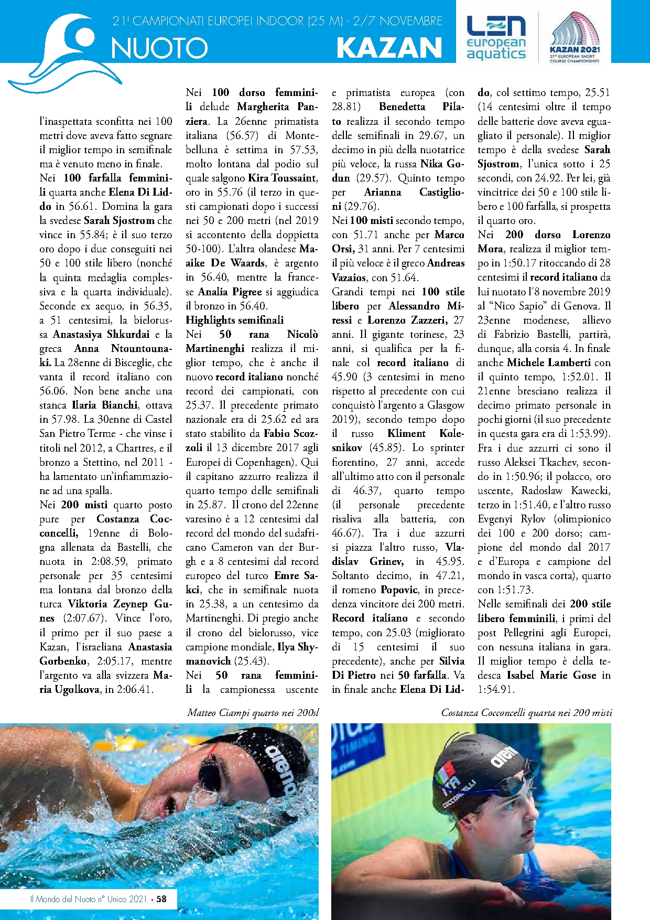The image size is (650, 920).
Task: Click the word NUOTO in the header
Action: click(x=159, y=49)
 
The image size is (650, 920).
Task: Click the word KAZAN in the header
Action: click(x=389, y=48)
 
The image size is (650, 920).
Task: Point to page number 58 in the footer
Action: click(x=161, y=899)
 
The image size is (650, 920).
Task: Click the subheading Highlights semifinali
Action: click(x=234, y=320)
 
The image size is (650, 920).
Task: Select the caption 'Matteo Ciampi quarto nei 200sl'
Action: click(x=253, y=713)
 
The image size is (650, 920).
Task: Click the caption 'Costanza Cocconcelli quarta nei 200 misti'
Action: click(x=526, y=713)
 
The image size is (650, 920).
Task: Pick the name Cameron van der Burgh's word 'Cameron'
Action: click(x=232, y=547)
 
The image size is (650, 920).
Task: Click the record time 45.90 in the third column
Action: click(x=344, y=377)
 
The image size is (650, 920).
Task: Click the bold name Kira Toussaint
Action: click(x=282, y=178)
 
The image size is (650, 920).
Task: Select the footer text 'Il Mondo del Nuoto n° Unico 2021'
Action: click(x=88, y=899)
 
